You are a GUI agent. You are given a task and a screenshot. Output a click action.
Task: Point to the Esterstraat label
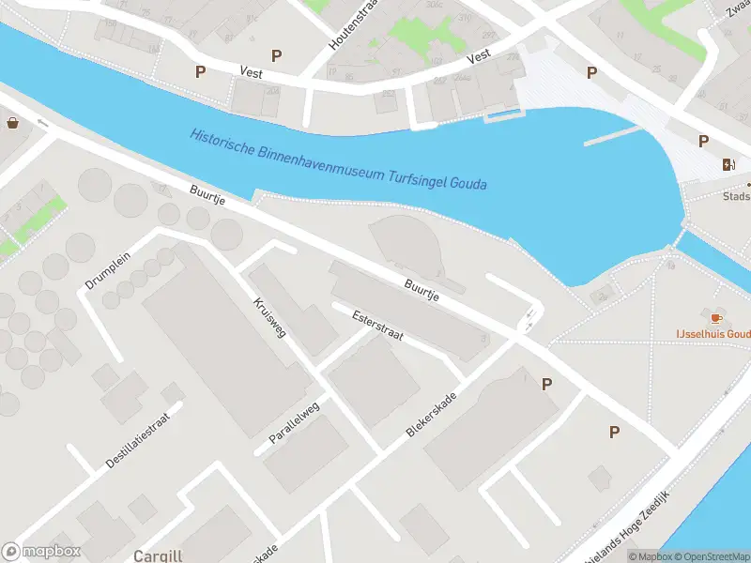(376, 326)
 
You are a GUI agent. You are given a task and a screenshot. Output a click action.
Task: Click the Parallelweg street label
(294, 427)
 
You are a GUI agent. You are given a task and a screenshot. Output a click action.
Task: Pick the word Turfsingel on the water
(418, 176)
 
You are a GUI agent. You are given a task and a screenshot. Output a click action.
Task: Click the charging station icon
(729, 165)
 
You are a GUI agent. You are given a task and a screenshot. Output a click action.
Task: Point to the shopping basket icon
(13, 122)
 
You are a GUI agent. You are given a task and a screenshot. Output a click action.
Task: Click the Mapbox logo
(41, 552)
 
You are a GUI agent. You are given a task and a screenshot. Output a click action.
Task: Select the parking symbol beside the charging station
(703, 141)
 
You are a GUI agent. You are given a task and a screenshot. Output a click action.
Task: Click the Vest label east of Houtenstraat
(479, 56)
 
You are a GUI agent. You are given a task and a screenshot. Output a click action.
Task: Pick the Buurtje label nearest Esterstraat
(421, 288)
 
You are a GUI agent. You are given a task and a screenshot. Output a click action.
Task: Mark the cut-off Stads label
(736, 197)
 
